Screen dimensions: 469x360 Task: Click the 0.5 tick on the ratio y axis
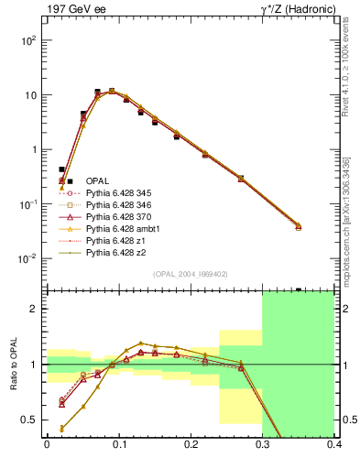coord(30,420)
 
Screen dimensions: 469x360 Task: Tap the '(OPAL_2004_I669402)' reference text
coord(190,274)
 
